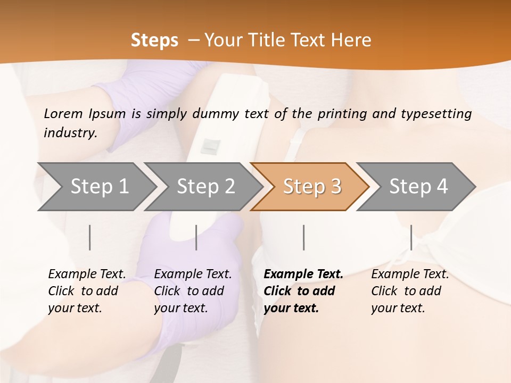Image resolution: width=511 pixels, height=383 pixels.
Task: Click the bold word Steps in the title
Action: [154, 40]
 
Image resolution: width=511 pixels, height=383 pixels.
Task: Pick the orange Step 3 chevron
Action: [311, 187]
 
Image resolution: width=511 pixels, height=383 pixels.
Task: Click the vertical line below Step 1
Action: [90, 237]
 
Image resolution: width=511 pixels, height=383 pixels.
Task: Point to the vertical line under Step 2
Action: [196, 237]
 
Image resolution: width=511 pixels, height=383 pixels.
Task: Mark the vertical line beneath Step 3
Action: [303, 237]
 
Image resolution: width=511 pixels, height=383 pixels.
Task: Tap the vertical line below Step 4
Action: [411, 237]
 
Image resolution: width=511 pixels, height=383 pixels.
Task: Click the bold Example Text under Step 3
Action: [303, 274]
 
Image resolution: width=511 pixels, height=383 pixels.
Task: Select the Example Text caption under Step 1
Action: [87, 274]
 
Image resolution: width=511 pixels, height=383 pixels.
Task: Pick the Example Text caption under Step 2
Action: [193, 274]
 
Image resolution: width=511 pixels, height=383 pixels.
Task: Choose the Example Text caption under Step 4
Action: [410, 274]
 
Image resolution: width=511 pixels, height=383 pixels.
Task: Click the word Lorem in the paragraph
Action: [63, 113]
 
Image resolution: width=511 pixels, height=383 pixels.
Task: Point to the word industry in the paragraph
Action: [70, 133]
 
